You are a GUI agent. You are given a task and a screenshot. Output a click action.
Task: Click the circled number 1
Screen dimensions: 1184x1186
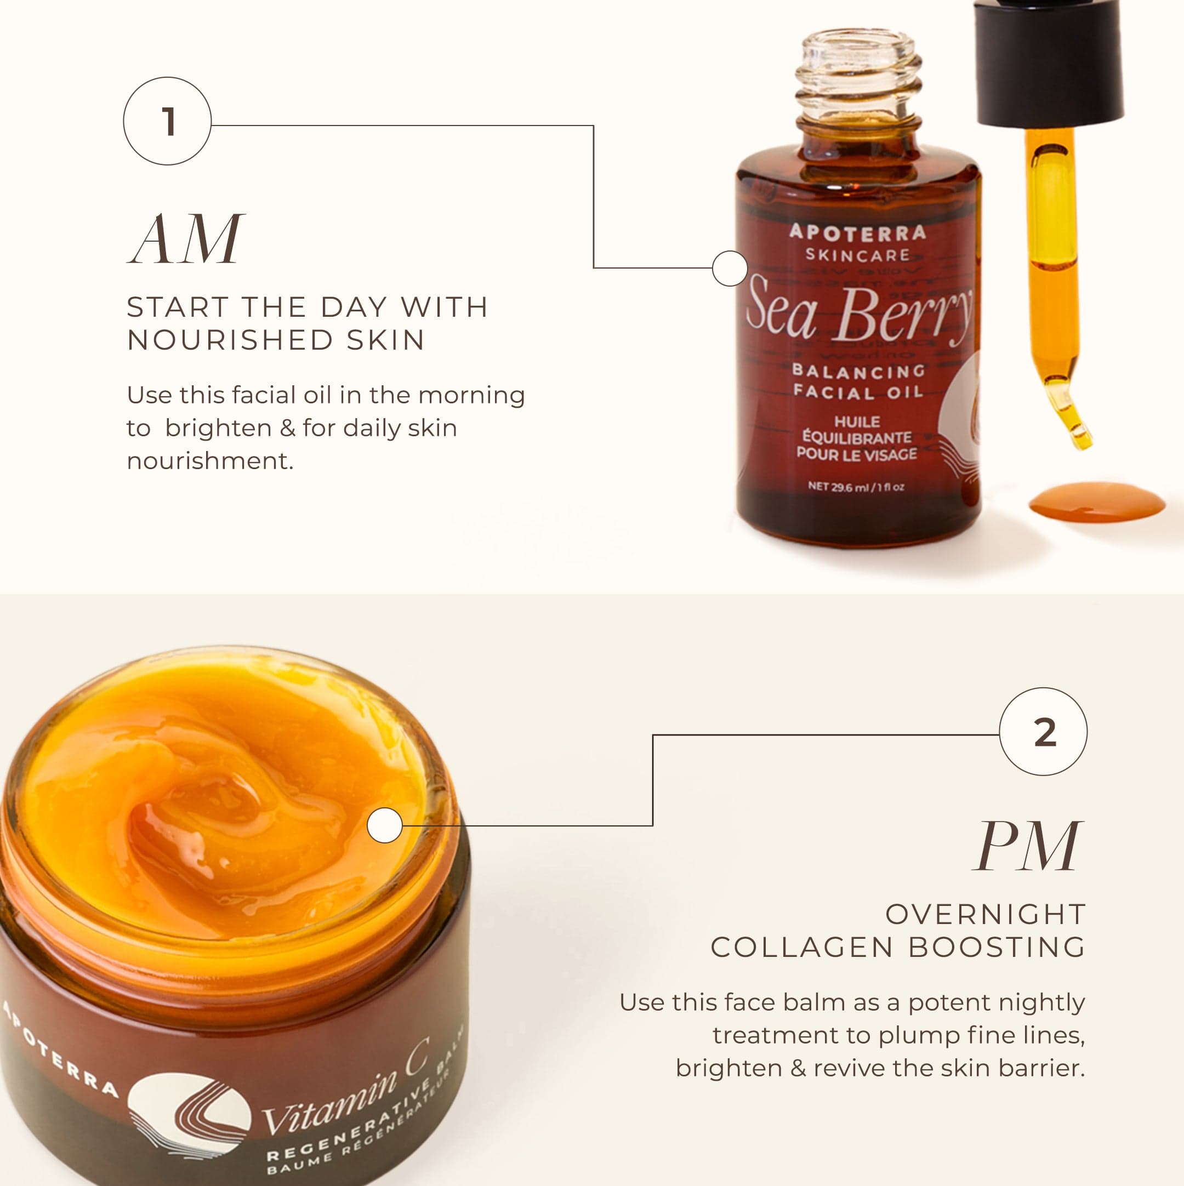pos(167,121)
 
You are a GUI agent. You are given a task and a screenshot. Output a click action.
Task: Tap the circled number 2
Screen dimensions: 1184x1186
pos(1043,731)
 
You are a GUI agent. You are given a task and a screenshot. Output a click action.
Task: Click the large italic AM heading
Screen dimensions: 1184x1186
pos(186,239)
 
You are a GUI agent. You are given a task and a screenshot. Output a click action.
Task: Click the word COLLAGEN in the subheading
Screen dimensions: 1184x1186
pos(802,947)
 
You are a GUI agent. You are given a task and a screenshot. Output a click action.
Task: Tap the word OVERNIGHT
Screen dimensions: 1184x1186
pos(986,914)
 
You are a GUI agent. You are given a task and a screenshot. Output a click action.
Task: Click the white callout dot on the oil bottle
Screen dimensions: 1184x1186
pos(730,268)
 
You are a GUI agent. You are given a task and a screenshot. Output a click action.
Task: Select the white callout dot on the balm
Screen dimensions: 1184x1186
pos(384,825)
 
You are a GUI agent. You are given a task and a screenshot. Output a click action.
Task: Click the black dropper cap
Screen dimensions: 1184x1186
pos(1048,61)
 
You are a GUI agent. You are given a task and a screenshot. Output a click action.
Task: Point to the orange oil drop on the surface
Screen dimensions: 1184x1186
pos(1097,502)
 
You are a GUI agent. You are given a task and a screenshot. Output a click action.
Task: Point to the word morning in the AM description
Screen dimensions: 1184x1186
pos(471,396)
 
